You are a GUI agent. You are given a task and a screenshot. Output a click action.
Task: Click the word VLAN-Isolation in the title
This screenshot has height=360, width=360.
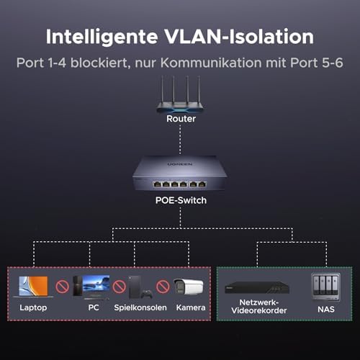pyautogui.click(x=239, y=37)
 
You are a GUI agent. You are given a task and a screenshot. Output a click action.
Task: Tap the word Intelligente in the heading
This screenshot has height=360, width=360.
pyautogui.click(x=102, y=37)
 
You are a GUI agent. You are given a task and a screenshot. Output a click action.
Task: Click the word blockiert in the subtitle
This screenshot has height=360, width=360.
pyautogui.click(x=100, y=63)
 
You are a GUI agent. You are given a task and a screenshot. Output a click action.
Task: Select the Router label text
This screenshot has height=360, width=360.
pyautogui.click(x=181, y=119)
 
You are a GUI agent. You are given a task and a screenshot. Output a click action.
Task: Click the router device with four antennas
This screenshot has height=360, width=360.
pyautogui.click(x=180, y=94)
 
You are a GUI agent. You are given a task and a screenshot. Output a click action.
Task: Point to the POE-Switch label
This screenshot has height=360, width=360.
pyautogui.click(x=181, y=200)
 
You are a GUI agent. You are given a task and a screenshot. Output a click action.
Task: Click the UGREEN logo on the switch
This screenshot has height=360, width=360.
pyautogui.click(x=180, y=164)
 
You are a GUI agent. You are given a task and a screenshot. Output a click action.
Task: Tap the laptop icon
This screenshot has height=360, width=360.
pyautogui.click(x=33, y=287)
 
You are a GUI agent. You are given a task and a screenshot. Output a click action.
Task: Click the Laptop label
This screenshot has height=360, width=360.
pyautogui.click(x=33, y=307)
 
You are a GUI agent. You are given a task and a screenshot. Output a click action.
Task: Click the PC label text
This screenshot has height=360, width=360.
pyautogui.click(x=94, y=307)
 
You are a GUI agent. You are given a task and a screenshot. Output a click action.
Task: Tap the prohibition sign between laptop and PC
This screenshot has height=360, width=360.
pyautogui.click(x=63, y=287)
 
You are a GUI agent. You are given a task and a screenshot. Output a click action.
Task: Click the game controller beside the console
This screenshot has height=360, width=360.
pyautogui.click(x=146, y=294)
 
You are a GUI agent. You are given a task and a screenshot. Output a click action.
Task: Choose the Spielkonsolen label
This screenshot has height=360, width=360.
pyautogui.click(x=140, y=307)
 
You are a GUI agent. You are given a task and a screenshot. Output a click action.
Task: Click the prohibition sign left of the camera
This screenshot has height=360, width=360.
pyautogui.click(x=163, y=287)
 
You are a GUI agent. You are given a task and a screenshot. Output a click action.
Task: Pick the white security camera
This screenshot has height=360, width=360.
pyautogui.click(x=189, y=287)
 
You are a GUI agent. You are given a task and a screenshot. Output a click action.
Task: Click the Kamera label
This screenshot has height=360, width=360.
pyautogui.click(x=191, y=307)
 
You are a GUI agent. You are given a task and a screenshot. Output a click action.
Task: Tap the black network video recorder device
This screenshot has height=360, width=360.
pyautogui.click(x=257, y=287)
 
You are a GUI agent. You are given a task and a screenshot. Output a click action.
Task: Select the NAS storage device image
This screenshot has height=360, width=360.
pyautogui.click(x=325, y=287)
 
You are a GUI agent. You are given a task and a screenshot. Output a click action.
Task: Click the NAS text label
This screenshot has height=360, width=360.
pyautogui.click(x=326, y=310)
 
